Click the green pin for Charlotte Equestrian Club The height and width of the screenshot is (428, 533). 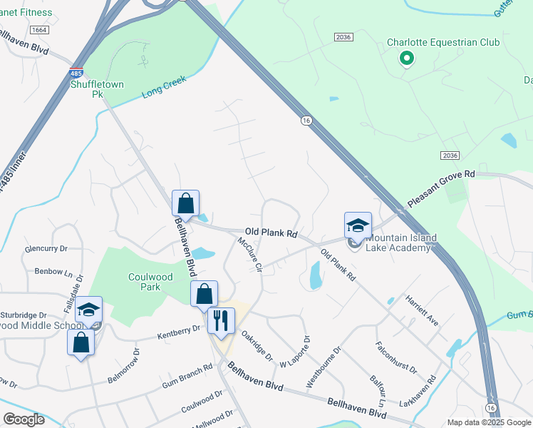[x=406, y=59]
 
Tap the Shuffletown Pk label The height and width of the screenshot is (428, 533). [x=97, y=89]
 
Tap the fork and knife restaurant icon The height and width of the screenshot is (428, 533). [x=221, y=322]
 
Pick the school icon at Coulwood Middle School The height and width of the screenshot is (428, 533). [x=89, y=310]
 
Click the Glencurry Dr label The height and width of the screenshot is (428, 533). [x=46, y=249]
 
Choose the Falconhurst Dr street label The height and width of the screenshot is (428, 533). [x=396, y=357]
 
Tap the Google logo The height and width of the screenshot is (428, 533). [x=24, y=419]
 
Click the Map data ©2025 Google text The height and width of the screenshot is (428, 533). [x=488, y=422]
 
